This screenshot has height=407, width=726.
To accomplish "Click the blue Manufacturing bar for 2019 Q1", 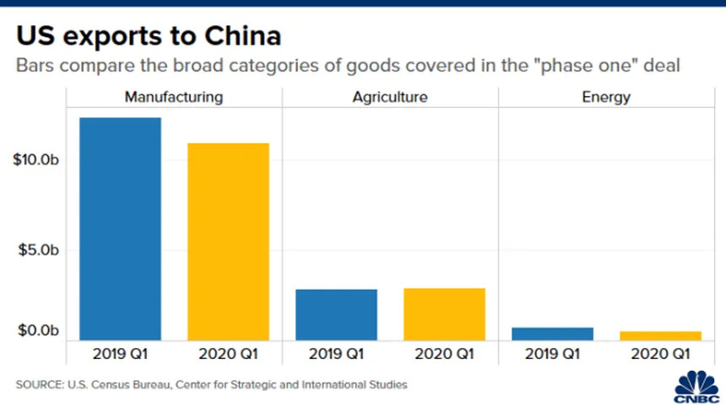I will coord(120,228).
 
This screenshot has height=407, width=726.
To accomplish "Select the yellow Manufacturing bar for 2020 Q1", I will coord(228,241).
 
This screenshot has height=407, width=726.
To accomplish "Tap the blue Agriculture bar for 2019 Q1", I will coord(336,314).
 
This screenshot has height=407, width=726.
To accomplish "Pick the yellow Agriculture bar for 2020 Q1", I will coord(444,313).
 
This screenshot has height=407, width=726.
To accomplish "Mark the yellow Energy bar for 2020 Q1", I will coord(661,335).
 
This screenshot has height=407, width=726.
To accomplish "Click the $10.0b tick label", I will coord(36,160).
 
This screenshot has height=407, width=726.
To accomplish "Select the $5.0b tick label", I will coord(39,250).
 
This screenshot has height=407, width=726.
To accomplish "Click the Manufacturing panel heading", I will coord(174,97).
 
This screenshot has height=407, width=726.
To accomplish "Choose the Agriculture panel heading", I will coord(390,97).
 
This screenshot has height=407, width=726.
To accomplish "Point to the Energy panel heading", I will coord(606,97).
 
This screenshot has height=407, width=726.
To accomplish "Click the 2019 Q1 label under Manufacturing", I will coord(120,353).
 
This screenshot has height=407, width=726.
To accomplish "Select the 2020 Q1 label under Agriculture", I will coord(444,353).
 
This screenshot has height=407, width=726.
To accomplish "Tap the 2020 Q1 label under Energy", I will coord(661,353).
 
